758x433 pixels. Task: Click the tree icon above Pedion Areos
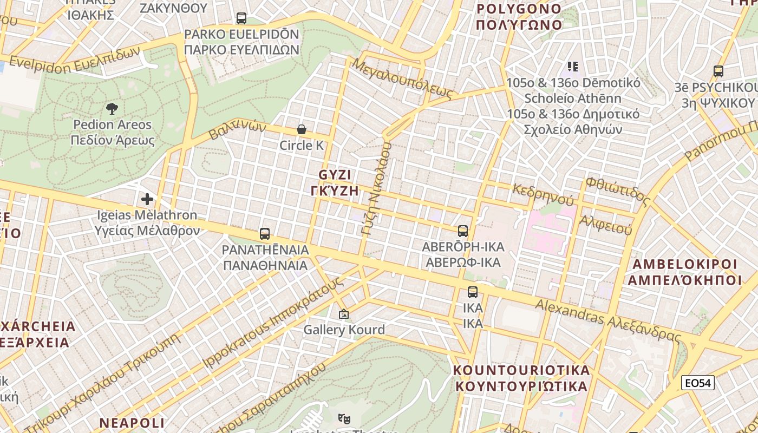click(112, 109)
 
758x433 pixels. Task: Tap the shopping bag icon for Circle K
click(302, 129)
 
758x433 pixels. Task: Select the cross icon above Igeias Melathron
click(147, 199)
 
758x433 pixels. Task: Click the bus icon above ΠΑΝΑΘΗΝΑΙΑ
click(265, 234)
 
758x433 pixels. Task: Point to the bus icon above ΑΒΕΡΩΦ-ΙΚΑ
click(463, 231)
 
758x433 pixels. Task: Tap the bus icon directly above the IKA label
click(473, 292)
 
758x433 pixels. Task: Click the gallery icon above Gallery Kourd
click(344, 314)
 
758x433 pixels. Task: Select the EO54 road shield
click(698, 383)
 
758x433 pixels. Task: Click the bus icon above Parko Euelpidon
click(241, 18)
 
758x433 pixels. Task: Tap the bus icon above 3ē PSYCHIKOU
click(718, 71)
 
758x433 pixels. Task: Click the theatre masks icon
click(343, 418)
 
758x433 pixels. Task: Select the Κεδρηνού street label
click(543, 194)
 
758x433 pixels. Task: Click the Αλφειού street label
click(605, 224)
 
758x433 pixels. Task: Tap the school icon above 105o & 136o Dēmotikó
click(573, 67)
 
